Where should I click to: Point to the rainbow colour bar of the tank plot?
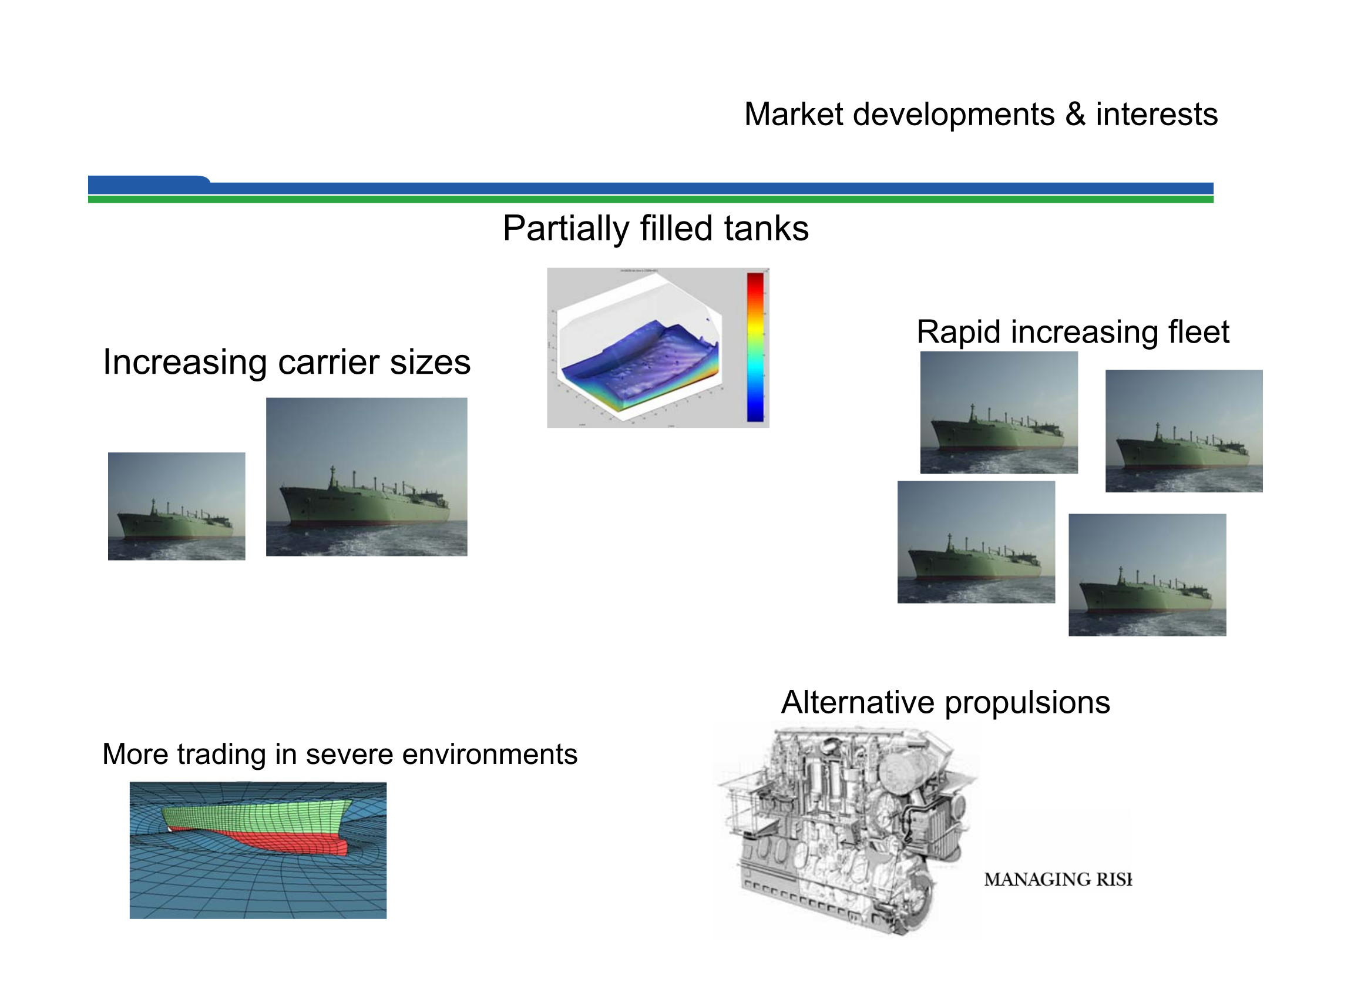(755, 347)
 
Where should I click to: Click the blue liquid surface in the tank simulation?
(635, 357)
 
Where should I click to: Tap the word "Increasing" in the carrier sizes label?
(184, 363)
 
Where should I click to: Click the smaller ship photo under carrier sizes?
(176, 506)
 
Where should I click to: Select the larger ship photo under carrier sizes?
(367, 477)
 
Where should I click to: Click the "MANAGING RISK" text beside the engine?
(1057, 879)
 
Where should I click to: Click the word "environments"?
(490, 755)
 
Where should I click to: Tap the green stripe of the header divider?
(650, 200)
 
